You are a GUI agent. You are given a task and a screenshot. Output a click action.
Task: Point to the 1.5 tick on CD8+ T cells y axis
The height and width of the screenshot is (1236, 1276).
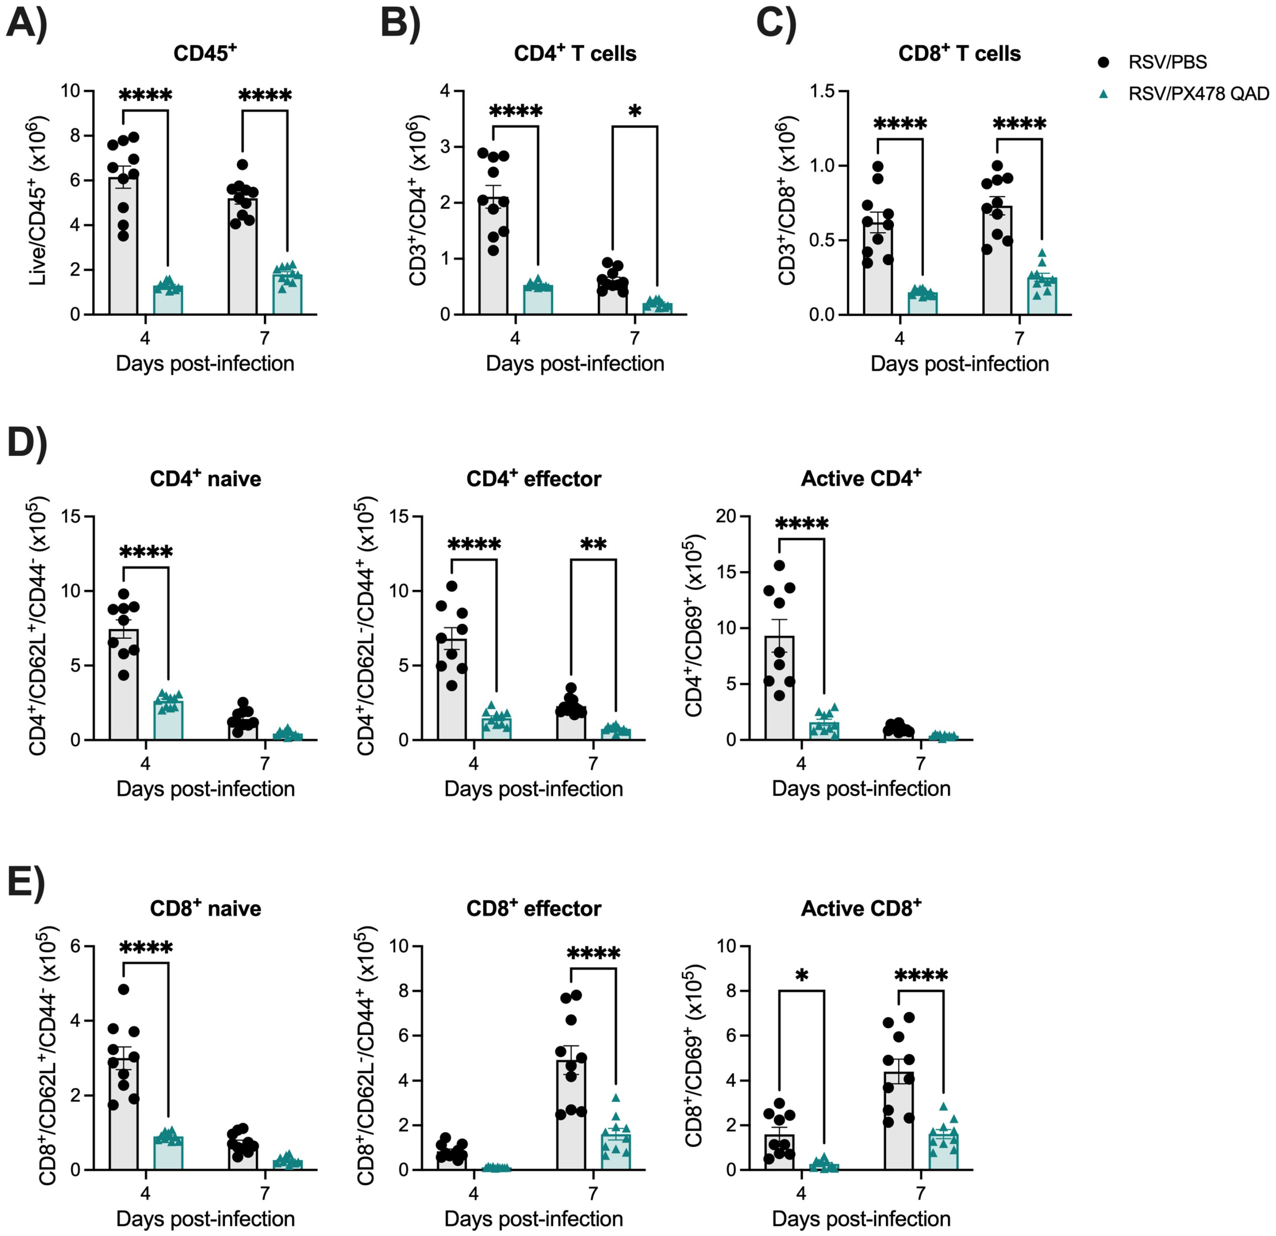pos(822,91)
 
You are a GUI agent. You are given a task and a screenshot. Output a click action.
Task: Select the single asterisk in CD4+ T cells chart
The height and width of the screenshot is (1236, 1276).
pos(635,111)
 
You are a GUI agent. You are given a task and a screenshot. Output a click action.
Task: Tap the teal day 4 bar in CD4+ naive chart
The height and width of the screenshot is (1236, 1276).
pos(168,720)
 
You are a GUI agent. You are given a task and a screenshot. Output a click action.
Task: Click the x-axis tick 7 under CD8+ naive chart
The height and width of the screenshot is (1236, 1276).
pos(265,1193)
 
